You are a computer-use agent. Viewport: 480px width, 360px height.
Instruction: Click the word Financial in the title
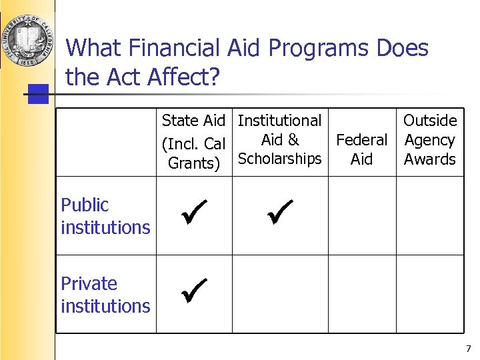(x=168, y=48)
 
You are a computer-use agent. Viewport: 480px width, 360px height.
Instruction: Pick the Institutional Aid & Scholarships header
(x=280, y=140)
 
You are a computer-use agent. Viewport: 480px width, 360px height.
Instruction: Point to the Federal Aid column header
(x=361, y=149)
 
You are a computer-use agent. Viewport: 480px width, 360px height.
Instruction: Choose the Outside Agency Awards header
(x=430, y=140)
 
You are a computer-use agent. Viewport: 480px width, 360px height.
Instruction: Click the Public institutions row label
(x=105, y=216)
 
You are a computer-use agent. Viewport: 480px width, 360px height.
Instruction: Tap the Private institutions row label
(x=105, y=295)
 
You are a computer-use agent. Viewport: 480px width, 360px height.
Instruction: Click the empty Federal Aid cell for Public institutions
(x=362, y=215)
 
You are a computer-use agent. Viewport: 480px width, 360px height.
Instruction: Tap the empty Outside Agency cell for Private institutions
(x=430, y=294)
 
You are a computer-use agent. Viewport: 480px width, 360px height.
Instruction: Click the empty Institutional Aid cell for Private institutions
(x=280, y=294)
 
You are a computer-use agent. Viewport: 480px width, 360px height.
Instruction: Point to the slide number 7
(x=468, y=349)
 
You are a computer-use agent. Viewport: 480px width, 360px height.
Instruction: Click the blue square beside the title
(x=39, y=94)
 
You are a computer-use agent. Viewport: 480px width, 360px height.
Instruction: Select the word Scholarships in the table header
(x=280, y=159)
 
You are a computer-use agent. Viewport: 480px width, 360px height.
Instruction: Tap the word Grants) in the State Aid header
(x=194, y=163)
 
